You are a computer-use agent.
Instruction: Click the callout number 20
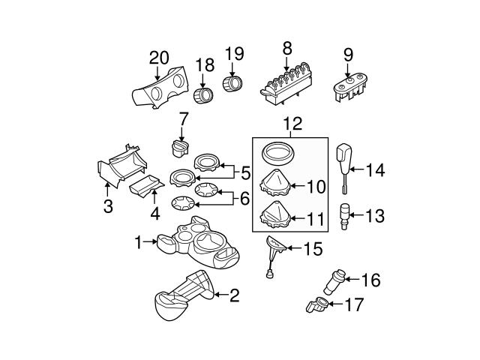pyautogui.click(x=159, y=56)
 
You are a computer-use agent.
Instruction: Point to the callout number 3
pyautogui.click(x=108, y=206)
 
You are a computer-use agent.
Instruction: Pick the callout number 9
pyautogui.click(x=347, y=55)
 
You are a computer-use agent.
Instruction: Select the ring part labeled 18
pyautogui.click(x=202, y=97)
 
